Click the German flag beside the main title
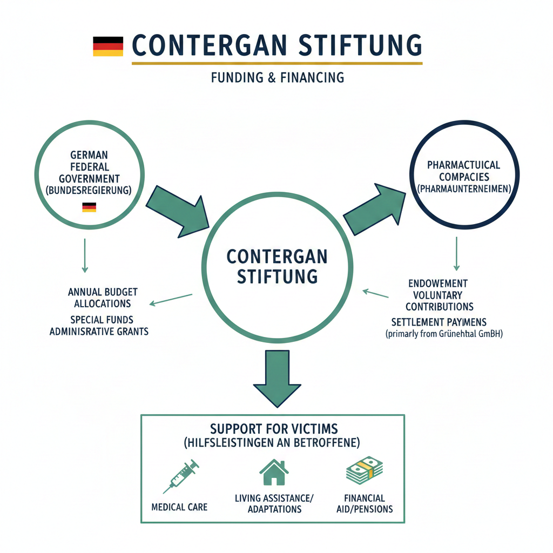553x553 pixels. (x=108, y=46)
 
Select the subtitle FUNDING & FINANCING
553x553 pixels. (x=278, y=77)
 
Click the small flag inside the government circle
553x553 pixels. (x=89, y=207)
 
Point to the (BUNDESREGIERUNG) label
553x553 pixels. (x=89, y=190)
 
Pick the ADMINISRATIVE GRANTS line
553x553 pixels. (x=99, y=331)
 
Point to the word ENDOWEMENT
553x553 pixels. (x=438, y=283)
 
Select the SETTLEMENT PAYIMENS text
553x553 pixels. (x=439, y=322)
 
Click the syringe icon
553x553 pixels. (x=180, y=476)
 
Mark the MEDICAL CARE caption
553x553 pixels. (x=179, y=508)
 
